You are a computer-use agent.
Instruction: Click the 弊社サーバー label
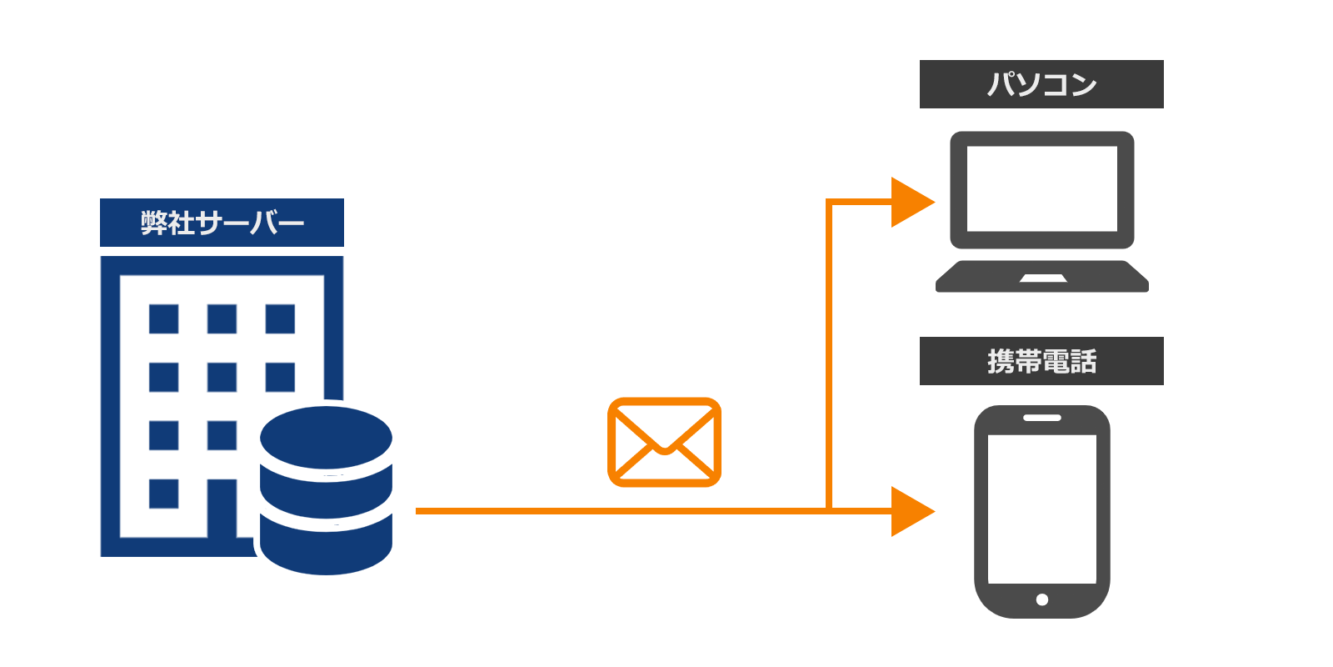(x=222, y=223)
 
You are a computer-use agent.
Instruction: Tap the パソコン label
(x=1041, y=84)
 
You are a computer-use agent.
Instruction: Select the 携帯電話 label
(x=1041, y=361)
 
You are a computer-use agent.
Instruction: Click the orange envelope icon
(x=664, y=442)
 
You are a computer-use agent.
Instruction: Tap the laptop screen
(x=1041, y=188)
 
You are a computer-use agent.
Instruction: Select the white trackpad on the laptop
(x=1043, y=278)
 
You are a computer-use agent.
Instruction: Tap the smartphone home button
(x=1041, y=599)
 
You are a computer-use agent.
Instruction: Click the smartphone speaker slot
(x=1041, y=418)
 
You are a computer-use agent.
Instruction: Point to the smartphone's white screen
(x=1041, y=509)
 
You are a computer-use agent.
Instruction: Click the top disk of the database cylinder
(x=326, y=437)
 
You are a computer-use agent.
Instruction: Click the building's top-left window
(x=163, y=318)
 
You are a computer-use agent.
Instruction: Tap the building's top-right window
(x=280, y=318)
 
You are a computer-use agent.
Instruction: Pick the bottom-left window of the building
(x=163, y=494)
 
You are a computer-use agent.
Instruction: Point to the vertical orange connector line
(x=829, y=354)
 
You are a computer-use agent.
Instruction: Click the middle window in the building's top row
(x=222, y=318)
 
